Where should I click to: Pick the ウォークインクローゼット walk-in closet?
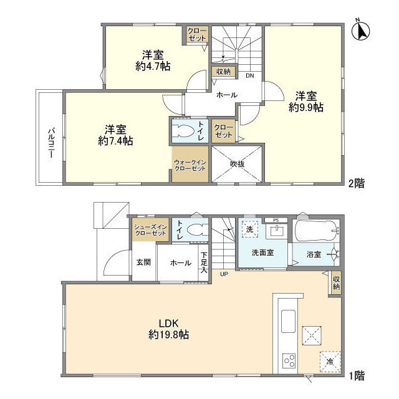[x=190, y=164]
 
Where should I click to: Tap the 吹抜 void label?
[x=237, y=164]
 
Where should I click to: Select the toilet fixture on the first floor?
[x=196, y=228]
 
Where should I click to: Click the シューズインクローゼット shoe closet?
[x=150, y=229]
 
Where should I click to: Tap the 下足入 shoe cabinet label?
[x=203, y=262]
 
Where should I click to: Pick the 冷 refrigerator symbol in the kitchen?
[x=328, y=361]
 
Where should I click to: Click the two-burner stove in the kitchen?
[x=289, y=360]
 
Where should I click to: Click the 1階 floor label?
[x=357, y=376]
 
